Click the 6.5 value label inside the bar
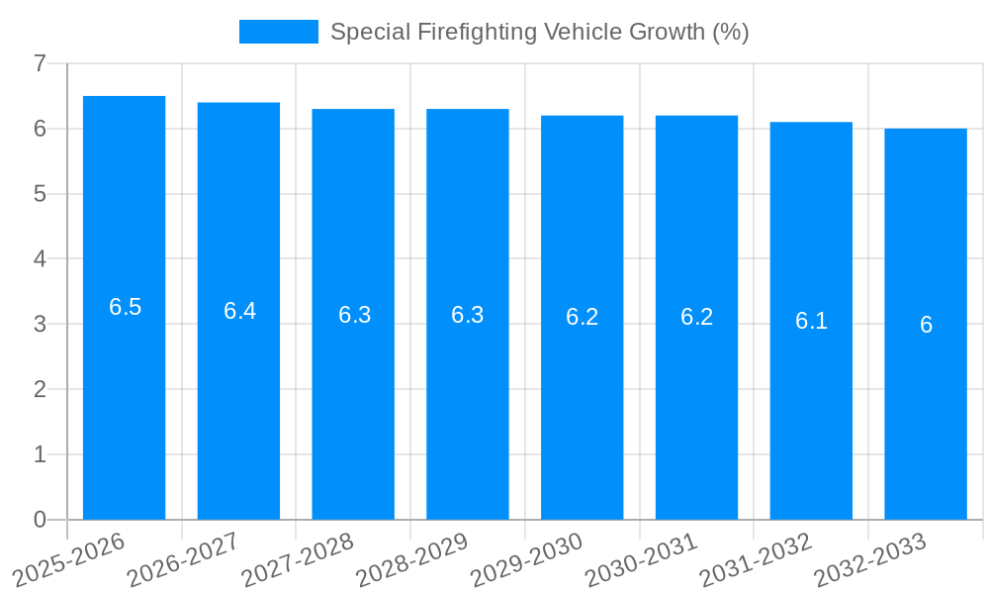pyautogui.click(x=126, y=307)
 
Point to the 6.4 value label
pyautogui.click(x=239, y=311)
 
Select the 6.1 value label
pyautogui.click(x=811, y=321)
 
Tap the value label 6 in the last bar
pyautogui.click(x=926, y=325)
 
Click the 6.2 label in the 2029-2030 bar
pyautogui.click(x=583, y=317)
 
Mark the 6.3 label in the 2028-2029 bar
pyautogui.click(x=468, y=315)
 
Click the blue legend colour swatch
pyautogui.click(x=278, y=32)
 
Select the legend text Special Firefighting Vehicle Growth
pyautogui.click(x=539, y=32)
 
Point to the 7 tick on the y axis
pyautogui.click(x=40, y=63)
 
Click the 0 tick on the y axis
pyautogui.click(x=40, y=520)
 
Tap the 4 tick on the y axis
pyautogui.click(x=40, y=259)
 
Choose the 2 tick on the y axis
pyautogui.click(x=40, y=389)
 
